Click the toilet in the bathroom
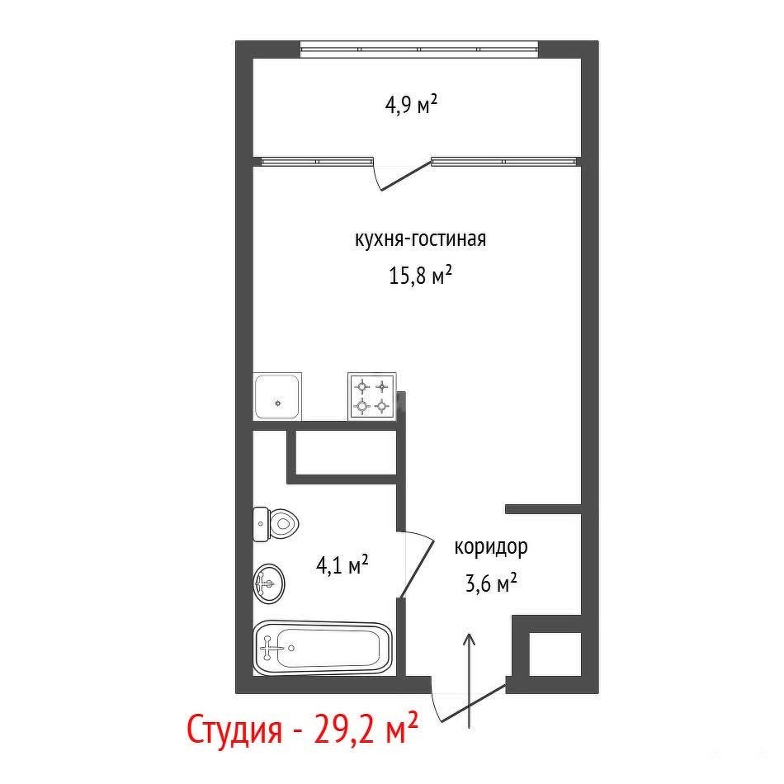pyautogui.click(x=276, y=524)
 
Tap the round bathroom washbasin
pyautogui.click(x=269, y=583)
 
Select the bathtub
pyautogui.click(x=323, y=648)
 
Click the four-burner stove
pyautogui.click(x=372, y=396)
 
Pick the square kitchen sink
pyautogui.click(x=277, y=396)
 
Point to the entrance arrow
pyautogui.click(x=469, y=680)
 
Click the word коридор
pyautogui.click(x=490, y=547)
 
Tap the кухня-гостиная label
pyautogui.click(x=420, y=239)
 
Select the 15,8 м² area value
pyautogui.click(x=421, y=275)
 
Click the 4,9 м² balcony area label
pyautogui.click(x=411, y=105)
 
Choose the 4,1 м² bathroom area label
pyautogui.click(x=342, y=565)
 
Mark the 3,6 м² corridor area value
pyautogui.click(x=490, y=583)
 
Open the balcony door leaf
pyautogui.click(x=405, y=176)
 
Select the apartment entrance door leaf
pyautogui.click(x=473, y=703)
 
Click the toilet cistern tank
pyautogui.click(x=261, y=524)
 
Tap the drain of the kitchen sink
pyautogui.click(x=278, y=403)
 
